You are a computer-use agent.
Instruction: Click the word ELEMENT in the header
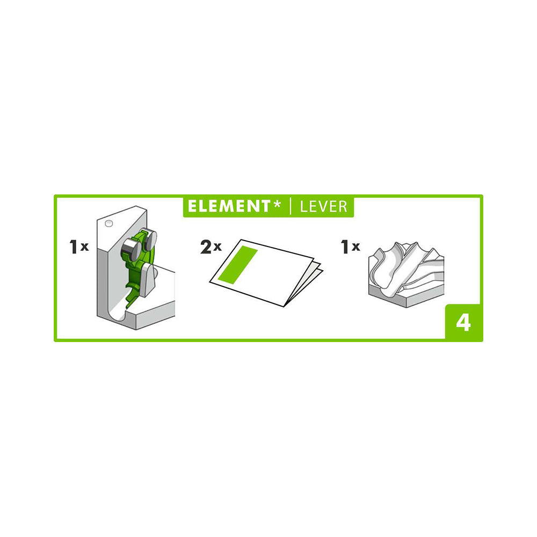coord(229,206)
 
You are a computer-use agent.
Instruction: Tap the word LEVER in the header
coord(324,207)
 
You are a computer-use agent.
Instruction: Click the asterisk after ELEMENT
coord(277,204)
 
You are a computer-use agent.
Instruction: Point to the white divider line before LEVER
coord(291,206)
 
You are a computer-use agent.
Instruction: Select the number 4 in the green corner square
coord(463,323)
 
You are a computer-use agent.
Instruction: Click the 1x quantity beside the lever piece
coord(79,246)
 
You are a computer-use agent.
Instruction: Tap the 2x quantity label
coord(211,246)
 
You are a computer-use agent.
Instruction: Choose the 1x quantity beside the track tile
coord(350,246)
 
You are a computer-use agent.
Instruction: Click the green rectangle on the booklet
coord(238,264)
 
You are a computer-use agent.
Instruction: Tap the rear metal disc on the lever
coord(150,238)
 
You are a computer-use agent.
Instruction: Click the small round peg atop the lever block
coord(109,223)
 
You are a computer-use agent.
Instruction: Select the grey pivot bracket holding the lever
coord(148,279)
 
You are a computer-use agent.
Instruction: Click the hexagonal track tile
coord(406,274)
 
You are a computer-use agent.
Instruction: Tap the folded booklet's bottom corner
coord(284,306)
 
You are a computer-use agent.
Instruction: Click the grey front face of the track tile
coord(406,299)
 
